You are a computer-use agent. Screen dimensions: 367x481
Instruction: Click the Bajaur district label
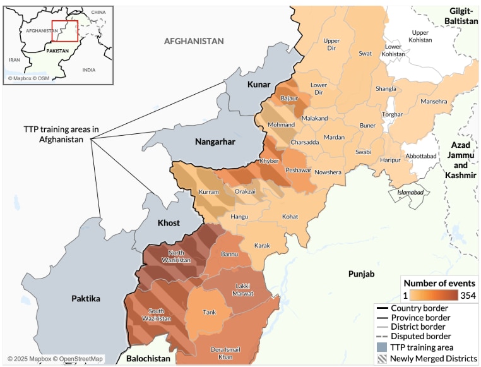[289, 99]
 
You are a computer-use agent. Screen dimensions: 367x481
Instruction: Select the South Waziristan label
[157, 315]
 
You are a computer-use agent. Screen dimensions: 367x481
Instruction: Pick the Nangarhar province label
[215, 141]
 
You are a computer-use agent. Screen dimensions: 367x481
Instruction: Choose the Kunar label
[259, 85]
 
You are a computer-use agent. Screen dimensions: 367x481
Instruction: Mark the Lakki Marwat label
[244, 289]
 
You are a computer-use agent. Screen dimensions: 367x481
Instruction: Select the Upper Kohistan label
[420, 36]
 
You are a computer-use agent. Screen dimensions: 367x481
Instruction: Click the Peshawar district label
[298, 171]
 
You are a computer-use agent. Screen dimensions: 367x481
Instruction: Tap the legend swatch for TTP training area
[381, 347]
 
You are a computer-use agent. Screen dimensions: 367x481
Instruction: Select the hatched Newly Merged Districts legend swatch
[381, 358]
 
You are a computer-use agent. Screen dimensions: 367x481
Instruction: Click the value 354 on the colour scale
[468, 296]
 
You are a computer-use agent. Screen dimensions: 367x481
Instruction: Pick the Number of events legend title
[439, 283]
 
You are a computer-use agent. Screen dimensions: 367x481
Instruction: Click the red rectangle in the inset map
[64, 31]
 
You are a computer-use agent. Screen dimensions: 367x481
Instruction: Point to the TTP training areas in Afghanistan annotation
[53, 134]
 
